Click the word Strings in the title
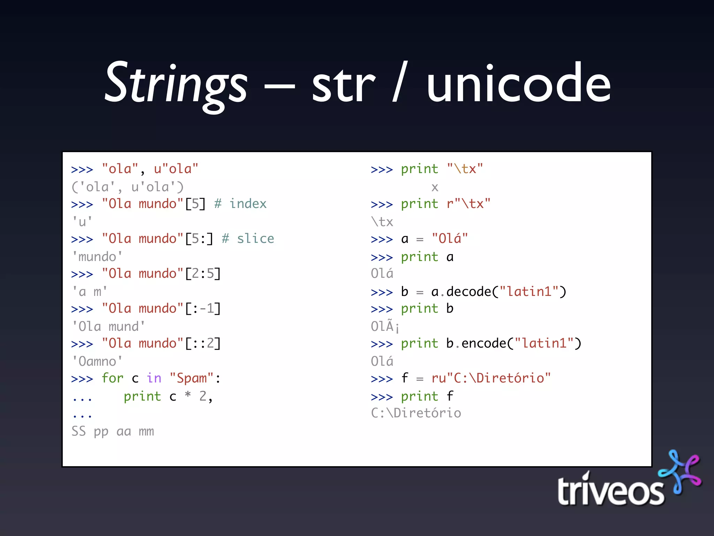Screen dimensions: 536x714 (176, 84)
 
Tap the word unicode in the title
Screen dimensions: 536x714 (518, 84)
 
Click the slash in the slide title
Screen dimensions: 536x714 (400, 82)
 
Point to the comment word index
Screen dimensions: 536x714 (248, 204)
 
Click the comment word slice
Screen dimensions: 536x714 (256, 239)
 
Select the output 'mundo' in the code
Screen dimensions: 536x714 (97, 257)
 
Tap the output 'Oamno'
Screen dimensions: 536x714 (97, 362)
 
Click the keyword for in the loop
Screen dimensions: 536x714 (112, 378)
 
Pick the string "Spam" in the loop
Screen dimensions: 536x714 (191, 378)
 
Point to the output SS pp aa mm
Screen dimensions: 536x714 (113, 431)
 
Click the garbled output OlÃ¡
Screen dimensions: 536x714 (385, 326)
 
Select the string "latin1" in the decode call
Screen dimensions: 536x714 (529, 291)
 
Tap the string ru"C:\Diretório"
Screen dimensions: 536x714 (491, 378)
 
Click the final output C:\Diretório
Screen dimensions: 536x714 (416, 413)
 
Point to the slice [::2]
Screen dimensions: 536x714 (203, 343)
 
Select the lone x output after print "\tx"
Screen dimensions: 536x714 (434, 188)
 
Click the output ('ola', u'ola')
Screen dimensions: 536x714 (128, 187)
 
